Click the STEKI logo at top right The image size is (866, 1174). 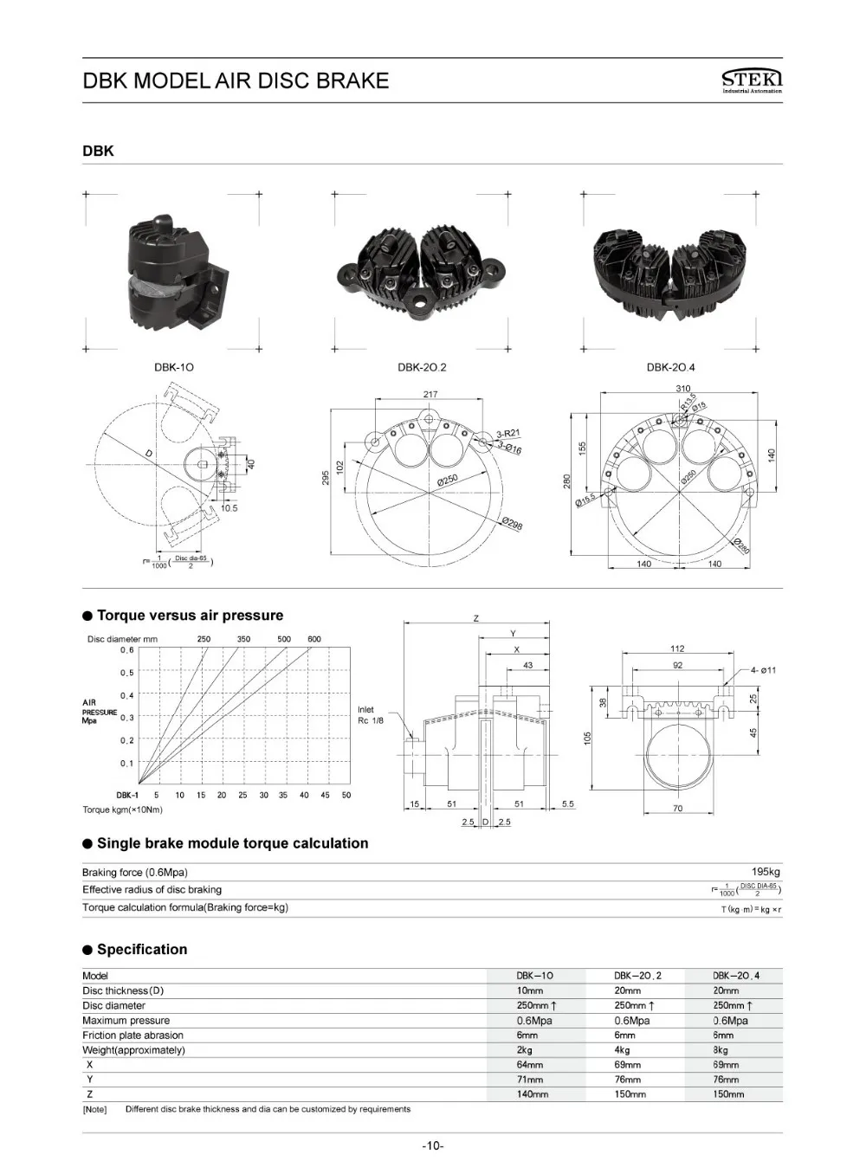click(x=751, y=81)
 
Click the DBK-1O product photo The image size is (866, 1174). click(x=176, y=271)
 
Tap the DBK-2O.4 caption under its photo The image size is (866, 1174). click(x=670, y=367)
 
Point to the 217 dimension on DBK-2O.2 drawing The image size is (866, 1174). click(x=430, y=394)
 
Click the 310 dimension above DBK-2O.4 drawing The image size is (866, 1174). click(x=683, y=389)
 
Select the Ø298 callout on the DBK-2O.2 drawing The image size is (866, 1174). click(x=512, y=523)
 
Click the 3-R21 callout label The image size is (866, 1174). click(x=507, y=434)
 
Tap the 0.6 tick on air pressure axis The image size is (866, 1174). click(x=127, y=649)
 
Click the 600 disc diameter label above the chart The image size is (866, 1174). click(x=314, y=639)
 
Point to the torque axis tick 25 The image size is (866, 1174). click(x=242, y=795)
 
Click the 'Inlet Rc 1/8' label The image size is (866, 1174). click(x=371, y=715)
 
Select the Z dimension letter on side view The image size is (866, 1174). click(x=475, y=618)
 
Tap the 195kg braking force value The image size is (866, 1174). click(x=766, y=872)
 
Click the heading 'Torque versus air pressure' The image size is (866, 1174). click(x=190, y=616)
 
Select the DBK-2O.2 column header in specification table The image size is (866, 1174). click(x=637, y=976)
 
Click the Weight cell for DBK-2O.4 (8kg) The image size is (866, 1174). click(x=721, y=1050)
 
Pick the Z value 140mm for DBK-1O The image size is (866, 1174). click(x=533, y=1094)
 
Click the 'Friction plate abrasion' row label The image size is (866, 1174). click(x=132, y=1035)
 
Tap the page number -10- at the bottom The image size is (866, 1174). click(x=433, y=1146)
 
